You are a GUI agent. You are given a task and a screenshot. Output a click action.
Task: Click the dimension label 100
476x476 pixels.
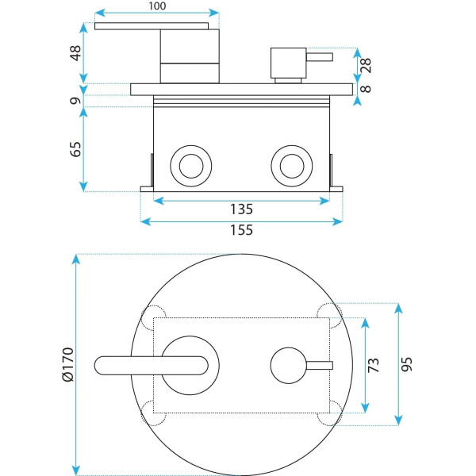(x=156, y=7)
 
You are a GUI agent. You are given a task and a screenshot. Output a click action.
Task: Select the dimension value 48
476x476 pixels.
(x=75, y=53)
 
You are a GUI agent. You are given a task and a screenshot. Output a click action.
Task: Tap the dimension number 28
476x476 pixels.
(x=367, y=64)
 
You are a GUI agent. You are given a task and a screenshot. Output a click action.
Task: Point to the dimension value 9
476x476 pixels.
(x=75, y=101)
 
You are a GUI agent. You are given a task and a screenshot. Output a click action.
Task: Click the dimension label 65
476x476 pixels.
(x=75, y=149)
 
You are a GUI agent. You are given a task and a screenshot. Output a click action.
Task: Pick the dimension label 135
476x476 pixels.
(x=241, y=210)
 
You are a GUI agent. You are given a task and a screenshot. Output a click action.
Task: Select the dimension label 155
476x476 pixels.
(x=241, y=231)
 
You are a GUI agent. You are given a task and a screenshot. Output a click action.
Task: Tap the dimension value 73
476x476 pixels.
(x=374, y=364)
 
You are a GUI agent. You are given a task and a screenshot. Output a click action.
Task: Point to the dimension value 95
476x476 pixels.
(x=408, y=364)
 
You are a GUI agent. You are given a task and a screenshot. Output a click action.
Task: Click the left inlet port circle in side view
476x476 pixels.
(x=191, y=166)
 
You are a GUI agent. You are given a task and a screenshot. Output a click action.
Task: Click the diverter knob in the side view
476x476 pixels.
(x=286, y=61)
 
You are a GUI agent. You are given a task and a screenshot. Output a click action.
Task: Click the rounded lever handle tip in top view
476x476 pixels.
(x=105, y=365)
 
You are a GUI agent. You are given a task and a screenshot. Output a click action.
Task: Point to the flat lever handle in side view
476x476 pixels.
(x=155, y=26)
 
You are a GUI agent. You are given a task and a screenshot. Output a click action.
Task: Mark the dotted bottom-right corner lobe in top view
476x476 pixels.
(x=327, y=413)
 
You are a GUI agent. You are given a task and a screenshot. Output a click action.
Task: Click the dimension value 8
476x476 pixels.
(x=367, y=90)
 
